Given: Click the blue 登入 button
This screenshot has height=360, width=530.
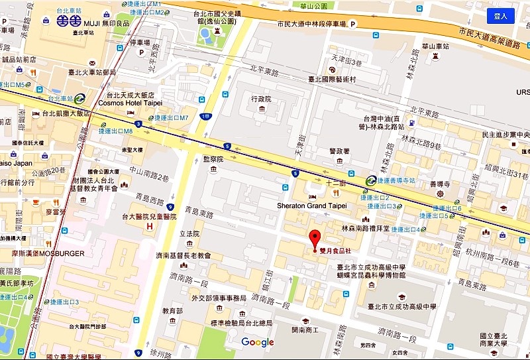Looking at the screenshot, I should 500,16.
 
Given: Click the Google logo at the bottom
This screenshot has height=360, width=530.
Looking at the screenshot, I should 258,342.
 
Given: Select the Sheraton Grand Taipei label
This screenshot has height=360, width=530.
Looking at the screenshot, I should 311,206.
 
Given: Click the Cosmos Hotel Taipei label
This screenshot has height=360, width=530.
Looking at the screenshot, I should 130,103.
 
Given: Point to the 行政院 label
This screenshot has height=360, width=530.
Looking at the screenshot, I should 262,99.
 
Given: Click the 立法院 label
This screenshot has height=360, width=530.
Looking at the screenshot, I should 189,234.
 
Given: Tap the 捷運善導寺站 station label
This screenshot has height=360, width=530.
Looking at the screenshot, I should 397,180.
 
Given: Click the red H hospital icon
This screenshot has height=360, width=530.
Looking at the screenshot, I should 150,226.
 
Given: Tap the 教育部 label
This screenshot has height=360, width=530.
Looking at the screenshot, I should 173,311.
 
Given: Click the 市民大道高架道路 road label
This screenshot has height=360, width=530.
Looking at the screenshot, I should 488,38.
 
